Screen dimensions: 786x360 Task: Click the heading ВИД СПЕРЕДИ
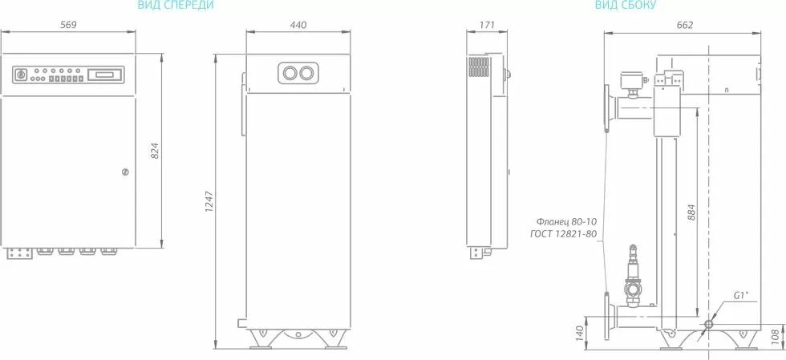tap(176, 6)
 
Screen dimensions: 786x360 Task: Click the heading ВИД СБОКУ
tap(625, 6)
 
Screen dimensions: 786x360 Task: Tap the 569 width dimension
tap(68, 25)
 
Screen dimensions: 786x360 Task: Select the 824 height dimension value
tap(155, 151)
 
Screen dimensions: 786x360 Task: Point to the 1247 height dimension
tap(209, 200)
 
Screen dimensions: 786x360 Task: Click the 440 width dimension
tap(298, 25)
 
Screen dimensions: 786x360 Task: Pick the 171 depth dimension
tap(487, 25)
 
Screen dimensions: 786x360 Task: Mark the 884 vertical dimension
tap(691, 212)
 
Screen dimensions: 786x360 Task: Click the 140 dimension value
tap(579, 334)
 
